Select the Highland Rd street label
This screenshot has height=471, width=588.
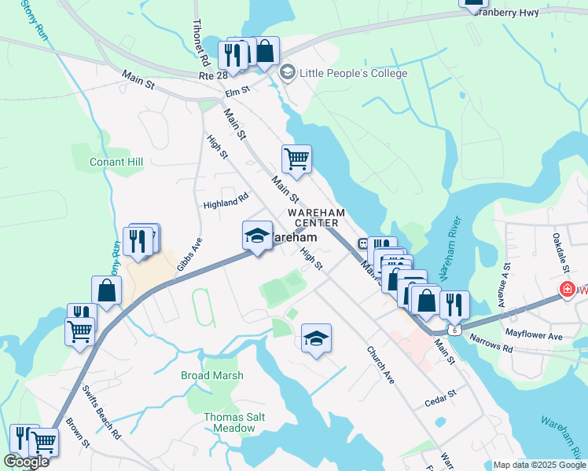pos(226,203)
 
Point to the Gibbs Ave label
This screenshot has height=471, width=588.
pos(189,254)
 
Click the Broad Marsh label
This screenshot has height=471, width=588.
pos(211,376)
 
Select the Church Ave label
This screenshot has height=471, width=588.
pos(380,365)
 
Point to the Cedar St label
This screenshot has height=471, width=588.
pos(441,392)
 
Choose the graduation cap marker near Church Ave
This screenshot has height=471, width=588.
pos(316,338)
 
